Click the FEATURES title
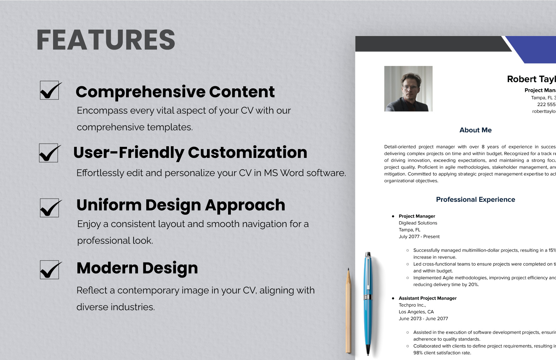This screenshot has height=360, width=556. (106, 40)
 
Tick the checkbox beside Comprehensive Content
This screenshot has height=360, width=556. (49, 91)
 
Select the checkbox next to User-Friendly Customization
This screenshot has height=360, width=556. (48, 153)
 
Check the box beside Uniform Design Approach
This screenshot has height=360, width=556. (49, 208)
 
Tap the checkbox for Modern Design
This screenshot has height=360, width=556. (49, 270)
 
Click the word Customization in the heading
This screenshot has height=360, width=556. (247, 153)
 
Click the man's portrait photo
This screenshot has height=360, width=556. (408, 89)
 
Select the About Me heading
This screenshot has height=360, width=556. (475, 130)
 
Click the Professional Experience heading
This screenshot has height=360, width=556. (475, 200)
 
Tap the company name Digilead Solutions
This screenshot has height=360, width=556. (418, 223)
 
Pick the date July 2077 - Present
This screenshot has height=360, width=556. (419, 237)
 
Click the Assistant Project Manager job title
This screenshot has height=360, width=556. (427, 298)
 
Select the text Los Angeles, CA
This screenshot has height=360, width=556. (416, 312)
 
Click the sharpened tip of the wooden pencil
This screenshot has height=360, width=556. (348, 270)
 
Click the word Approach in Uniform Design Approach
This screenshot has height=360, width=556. (245, 205)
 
